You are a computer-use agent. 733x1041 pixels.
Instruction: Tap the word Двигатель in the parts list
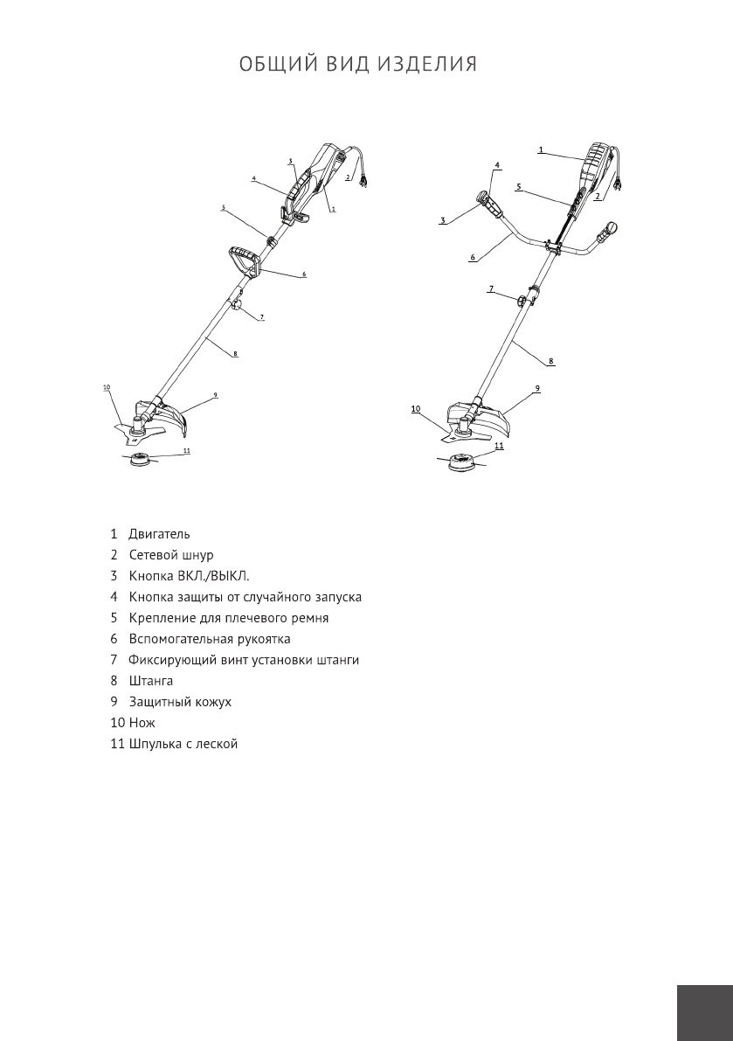159,534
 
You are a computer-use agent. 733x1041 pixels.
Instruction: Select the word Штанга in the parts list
151,681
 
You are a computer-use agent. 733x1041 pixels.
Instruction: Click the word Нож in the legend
142,723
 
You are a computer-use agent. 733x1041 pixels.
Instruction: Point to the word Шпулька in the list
155,744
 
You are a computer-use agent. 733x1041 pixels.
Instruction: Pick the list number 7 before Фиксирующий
114,660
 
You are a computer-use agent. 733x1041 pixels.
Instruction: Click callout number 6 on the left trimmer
304,274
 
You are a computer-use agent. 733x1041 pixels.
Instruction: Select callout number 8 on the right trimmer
550,360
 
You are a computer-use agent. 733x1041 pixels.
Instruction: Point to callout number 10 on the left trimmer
106,386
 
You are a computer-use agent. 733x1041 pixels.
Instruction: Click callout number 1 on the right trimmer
541,149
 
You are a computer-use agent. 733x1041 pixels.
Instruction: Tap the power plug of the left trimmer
365,181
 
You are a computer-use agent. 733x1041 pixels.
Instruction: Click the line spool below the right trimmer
460,465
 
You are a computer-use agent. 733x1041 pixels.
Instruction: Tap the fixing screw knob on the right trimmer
522,302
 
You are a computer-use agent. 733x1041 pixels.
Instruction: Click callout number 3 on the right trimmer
443,221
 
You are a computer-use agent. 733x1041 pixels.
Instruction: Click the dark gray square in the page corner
704,1011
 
